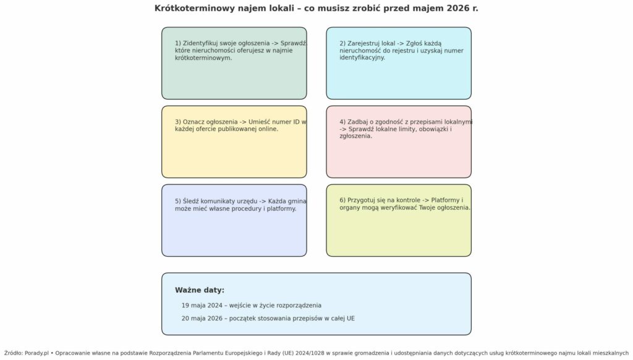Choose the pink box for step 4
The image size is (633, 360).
(399, 158)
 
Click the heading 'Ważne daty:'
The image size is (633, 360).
(200, 290)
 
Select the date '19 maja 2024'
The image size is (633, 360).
(202, 306)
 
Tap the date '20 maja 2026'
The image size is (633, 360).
(202, 319)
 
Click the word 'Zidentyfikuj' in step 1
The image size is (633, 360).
(202, 43)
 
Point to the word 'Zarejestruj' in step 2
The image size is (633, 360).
(367, 43)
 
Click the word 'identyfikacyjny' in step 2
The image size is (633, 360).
(362, 58)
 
